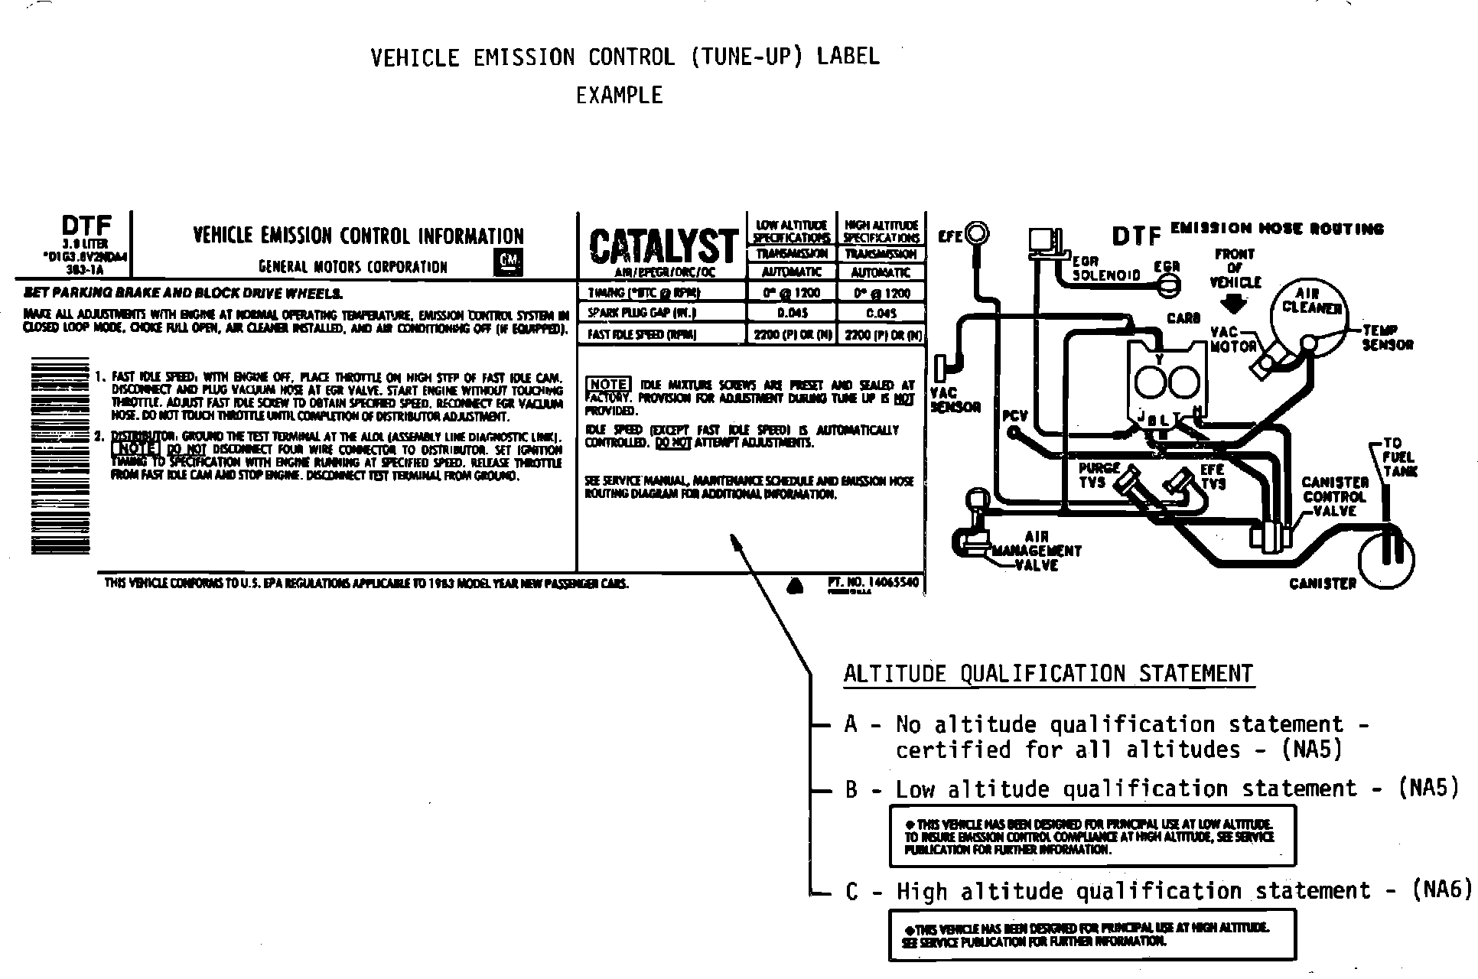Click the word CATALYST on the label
[662, 246]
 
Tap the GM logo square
[508, 262]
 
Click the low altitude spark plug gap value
[792, 313]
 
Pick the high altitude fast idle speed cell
[882, 335]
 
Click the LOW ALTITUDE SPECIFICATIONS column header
[792, 231]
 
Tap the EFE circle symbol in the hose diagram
[978, 233]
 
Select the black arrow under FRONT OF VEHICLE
[1233, 304]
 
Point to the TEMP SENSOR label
[1387, 337]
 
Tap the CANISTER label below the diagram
[1322, 584]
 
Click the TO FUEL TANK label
[1399, 457]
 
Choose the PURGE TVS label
[1099, 475]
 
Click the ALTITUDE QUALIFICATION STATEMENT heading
[1048, 674]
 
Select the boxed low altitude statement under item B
[1092, 836]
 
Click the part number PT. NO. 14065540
[873, 583]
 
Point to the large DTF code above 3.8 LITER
[86, 226]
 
